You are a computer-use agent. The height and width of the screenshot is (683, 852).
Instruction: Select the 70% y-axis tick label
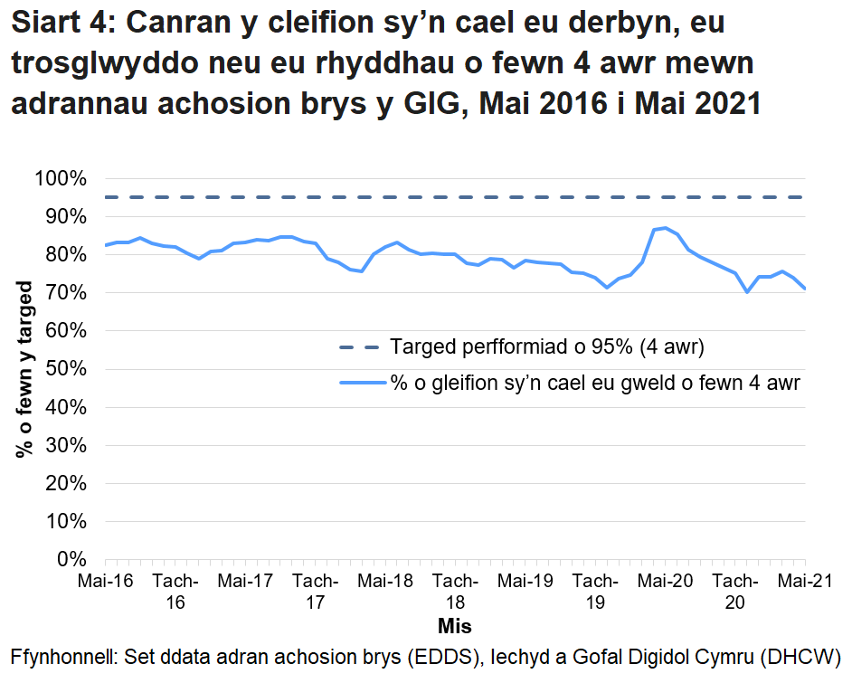62,293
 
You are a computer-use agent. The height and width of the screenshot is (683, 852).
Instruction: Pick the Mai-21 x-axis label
804,579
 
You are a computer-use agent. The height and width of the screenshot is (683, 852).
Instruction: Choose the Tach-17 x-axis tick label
315,590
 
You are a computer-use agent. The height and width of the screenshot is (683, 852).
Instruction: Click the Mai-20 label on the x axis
665,579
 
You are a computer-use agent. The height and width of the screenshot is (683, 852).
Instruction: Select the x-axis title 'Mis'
454,626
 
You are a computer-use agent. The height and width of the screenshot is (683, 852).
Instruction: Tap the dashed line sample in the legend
361,346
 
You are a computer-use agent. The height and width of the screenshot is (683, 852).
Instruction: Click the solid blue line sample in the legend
361,383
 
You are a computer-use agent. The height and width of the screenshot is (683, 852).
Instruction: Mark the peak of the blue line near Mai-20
665,228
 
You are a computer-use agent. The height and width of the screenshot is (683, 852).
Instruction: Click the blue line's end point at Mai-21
804,289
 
